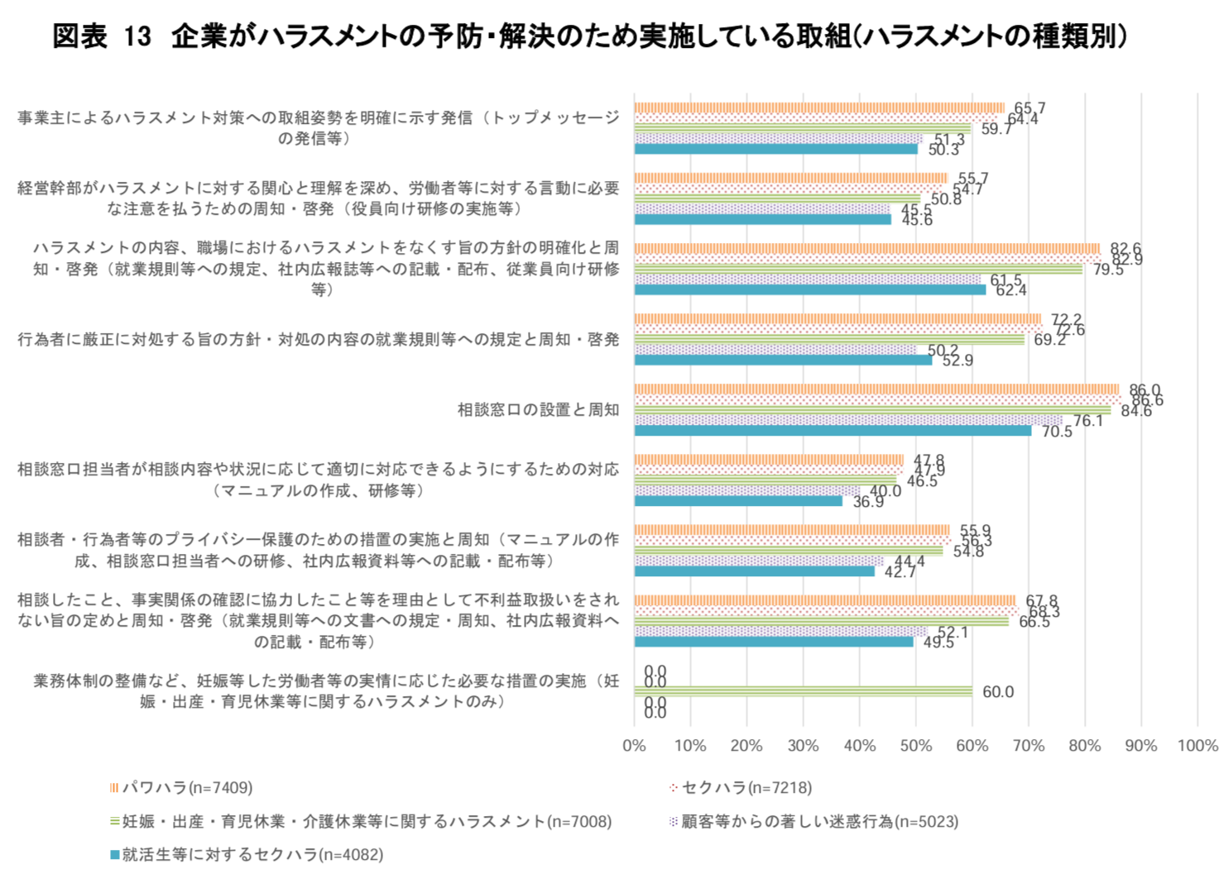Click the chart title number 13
click(x=138, y=36)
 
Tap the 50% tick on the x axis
click(x=915, y=746)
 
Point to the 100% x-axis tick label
click(x=1197, y=746)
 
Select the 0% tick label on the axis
click(x=634, y=746)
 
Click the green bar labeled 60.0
click(x=803, y=691)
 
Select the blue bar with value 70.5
click(x=833, y=431)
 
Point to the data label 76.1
click(x=1088, y=421)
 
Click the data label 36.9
click(x=868, y=502)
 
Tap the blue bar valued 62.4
click(x=810, y=289)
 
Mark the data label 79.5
click(x=1108, y=270)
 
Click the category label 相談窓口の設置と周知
click(x=538, y=410)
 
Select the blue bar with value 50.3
click(x=776, y=149)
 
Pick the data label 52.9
click(x=957, y=360)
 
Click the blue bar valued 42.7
click(x=755, y=571)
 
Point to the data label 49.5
click(x=938, y=642)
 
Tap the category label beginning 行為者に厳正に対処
click(x=319, y=340)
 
